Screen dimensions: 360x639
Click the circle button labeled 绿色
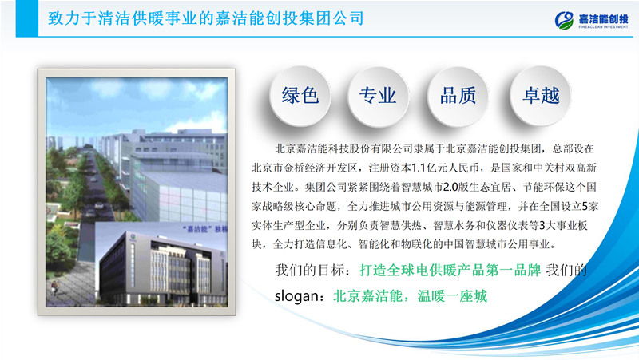(x=300, y=97)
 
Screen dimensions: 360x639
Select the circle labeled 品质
(x=458, y=97)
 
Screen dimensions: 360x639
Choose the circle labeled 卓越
(x=539, y=97)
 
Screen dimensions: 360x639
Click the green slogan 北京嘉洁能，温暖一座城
(x=411, y=296)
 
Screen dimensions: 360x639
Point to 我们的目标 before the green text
(x=310, y=271)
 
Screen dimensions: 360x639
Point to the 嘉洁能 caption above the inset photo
(x=192, y=228)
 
